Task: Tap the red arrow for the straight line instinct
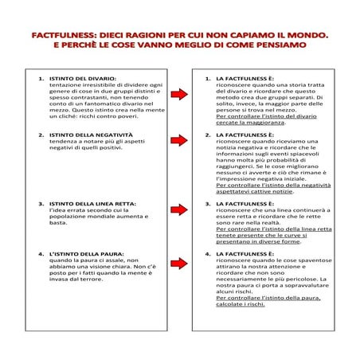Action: coord(181,206)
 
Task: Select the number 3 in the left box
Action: coord(41,203)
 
